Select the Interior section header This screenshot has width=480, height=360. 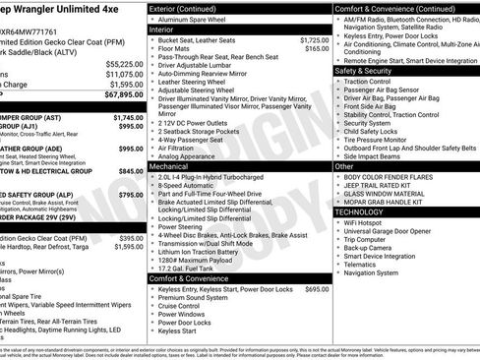[x=167, y=30]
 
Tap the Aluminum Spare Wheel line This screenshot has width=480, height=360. [x=195, y=20]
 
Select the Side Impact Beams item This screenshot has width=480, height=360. [x=378, y=155]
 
